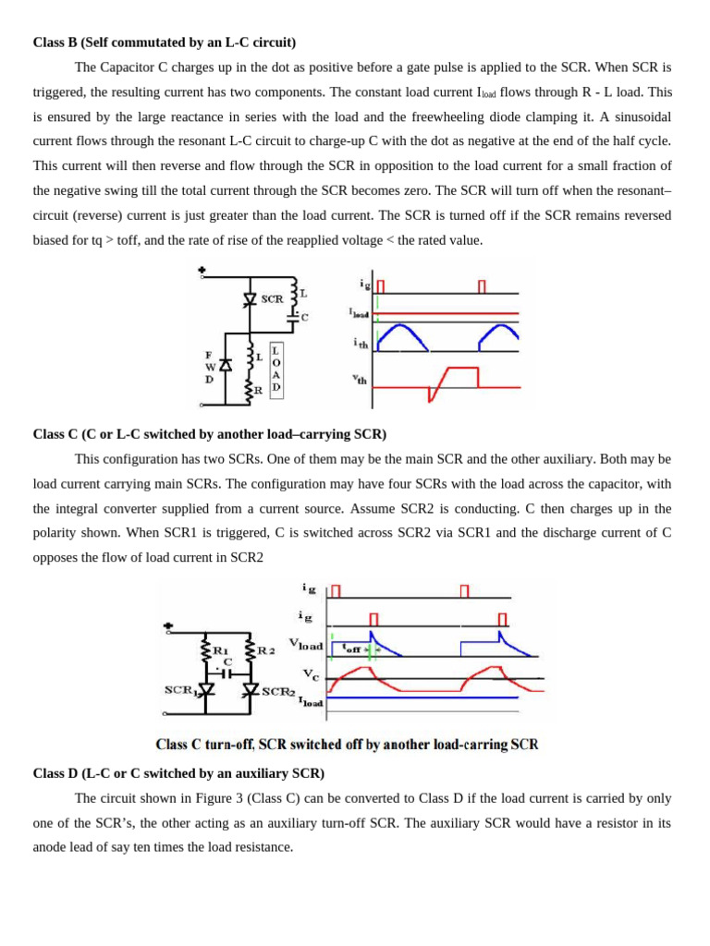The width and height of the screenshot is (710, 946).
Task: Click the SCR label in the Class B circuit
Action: (272, 299)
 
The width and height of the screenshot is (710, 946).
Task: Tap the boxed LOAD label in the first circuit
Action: (275, 369)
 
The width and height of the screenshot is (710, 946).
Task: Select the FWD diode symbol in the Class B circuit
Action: (225, 366)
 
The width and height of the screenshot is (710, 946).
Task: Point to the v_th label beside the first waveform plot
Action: (359, 378)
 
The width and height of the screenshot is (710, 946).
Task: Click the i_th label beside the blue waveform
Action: (360, 342)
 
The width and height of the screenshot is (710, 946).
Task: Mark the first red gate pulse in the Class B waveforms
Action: (380, 286)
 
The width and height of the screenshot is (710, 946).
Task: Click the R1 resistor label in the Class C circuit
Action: (221, 649)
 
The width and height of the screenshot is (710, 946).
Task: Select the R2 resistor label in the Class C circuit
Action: (266, 649)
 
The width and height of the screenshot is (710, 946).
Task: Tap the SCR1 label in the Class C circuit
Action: (181, 690)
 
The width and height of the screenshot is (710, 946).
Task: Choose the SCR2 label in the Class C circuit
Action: (278, 690)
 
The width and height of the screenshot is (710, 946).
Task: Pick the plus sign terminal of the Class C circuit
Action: (168, 625)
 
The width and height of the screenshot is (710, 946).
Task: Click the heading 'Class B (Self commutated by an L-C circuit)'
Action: (165, 42)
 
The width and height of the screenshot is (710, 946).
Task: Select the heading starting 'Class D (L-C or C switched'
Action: (178, 772)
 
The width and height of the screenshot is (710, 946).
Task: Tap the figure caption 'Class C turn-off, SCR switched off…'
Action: (347, 744)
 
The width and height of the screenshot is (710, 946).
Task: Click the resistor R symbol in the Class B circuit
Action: (249, 390)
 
